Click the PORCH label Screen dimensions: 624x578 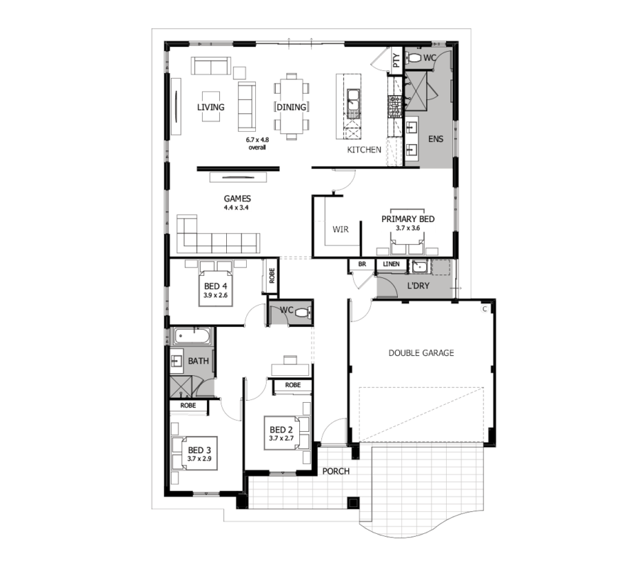coord(336,472)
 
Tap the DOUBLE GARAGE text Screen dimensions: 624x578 coord(421,353)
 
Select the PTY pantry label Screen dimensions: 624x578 coord(396,60)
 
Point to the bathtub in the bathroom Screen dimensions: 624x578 coord(192,336)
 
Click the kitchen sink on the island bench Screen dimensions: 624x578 coord(353,98)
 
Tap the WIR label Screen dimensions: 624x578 coord(340,229)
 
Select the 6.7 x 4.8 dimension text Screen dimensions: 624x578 coord(257,140)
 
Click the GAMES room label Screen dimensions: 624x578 coord(237,199)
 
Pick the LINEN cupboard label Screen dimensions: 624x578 coord(391,264)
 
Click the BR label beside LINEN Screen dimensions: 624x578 coord(362,264)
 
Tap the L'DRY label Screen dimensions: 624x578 coord(418,285)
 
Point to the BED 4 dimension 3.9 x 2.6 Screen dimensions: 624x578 coord(216,295)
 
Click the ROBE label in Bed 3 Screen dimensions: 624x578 coord(188,405)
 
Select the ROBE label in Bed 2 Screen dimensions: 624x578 coord(293,385)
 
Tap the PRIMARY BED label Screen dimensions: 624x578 coord(408,219)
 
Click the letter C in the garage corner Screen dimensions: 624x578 coord(485,309)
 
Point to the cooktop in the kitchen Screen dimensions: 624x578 coord(395,106)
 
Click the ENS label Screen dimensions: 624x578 coord(436,139)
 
